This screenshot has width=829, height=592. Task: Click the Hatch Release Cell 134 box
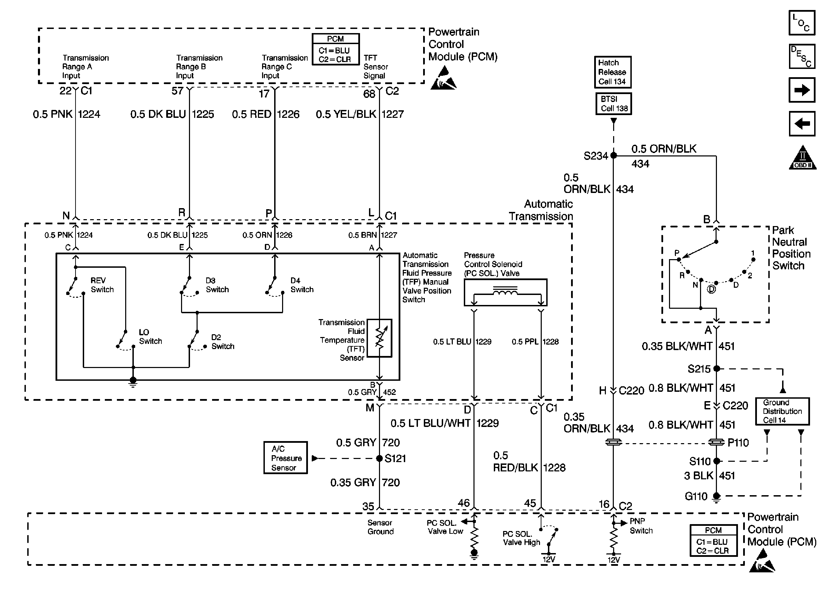pos(612,72)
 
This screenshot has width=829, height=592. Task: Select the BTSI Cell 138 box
pos(613,104)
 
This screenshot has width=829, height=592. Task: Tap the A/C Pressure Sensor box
pos(286,458)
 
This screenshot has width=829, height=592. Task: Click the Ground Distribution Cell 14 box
pos(782,411)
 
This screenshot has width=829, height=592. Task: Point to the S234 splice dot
pos(613,156)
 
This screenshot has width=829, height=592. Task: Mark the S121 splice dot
pos(379,458)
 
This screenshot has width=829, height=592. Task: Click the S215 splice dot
pos(716,369)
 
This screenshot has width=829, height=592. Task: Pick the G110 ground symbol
pos(716,497)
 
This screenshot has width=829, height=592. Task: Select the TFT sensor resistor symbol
pos(379,338)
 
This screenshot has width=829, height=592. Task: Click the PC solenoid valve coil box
pos(506,292)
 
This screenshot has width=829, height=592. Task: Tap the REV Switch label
pos(102,285)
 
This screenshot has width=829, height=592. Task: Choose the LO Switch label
pos(150,337)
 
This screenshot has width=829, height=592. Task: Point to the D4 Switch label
pos(302,285)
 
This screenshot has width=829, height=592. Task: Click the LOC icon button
pos(802,23)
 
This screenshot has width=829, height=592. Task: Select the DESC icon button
pos(802,57)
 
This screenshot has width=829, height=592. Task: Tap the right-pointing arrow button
pos(802,90)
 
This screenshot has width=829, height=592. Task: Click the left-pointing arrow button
pos(802,124)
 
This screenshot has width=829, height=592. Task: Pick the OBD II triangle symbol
pos(802,158)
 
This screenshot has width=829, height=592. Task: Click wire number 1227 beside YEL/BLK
pos(392,114)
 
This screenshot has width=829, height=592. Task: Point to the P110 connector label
pos(738,442)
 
